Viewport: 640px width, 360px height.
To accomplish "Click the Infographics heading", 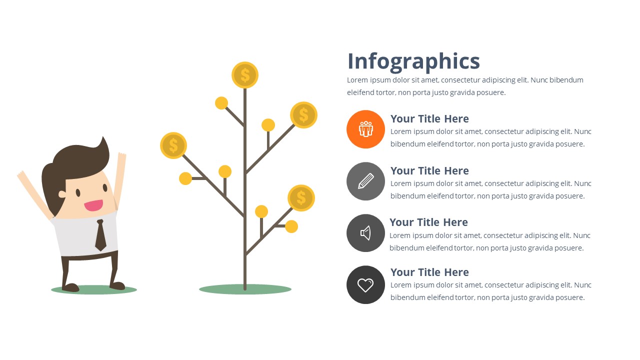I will pos(413,61).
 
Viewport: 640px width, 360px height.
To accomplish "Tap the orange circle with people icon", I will pos(365,129).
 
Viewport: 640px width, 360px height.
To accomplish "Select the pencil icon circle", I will pos(365,181).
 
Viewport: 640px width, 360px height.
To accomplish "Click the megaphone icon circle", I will pos(365,233).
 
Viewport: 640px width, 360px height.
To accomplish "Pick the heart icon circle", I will pos(365,285).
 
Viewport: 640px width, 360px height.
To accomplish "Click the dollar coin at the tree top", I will pos(245,75).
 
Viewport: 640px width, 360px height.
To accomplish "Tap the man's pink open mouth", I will pos(93,205).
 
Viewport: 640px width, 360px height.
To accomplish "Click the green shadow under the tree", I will pos(245,289).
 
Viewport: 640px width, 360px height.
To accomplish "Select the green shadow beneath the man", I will pos(94,290).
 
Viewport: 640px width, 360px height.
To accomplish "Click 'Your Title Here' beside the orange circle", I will pos(429,118).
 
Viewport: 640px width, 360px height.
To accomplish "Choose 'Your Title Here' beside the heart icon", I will pos(429,272).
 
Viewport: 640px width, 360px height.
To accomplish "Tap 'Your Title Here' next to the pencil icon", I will pos(429,170).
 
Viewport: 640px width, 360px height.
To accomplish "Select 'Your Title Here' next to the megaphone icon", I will pos(428,222).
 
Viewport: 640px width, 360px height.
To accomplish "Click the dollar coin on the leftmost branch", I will pos(173,145).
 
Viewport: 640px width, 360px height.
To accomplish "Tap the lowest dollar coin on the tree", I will pos(301,197).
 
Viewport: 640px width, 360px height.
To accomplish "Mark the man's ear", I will pos(62,194).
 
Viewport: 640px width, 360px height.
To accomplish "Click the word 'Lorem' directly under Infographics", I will pos(357,80).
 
